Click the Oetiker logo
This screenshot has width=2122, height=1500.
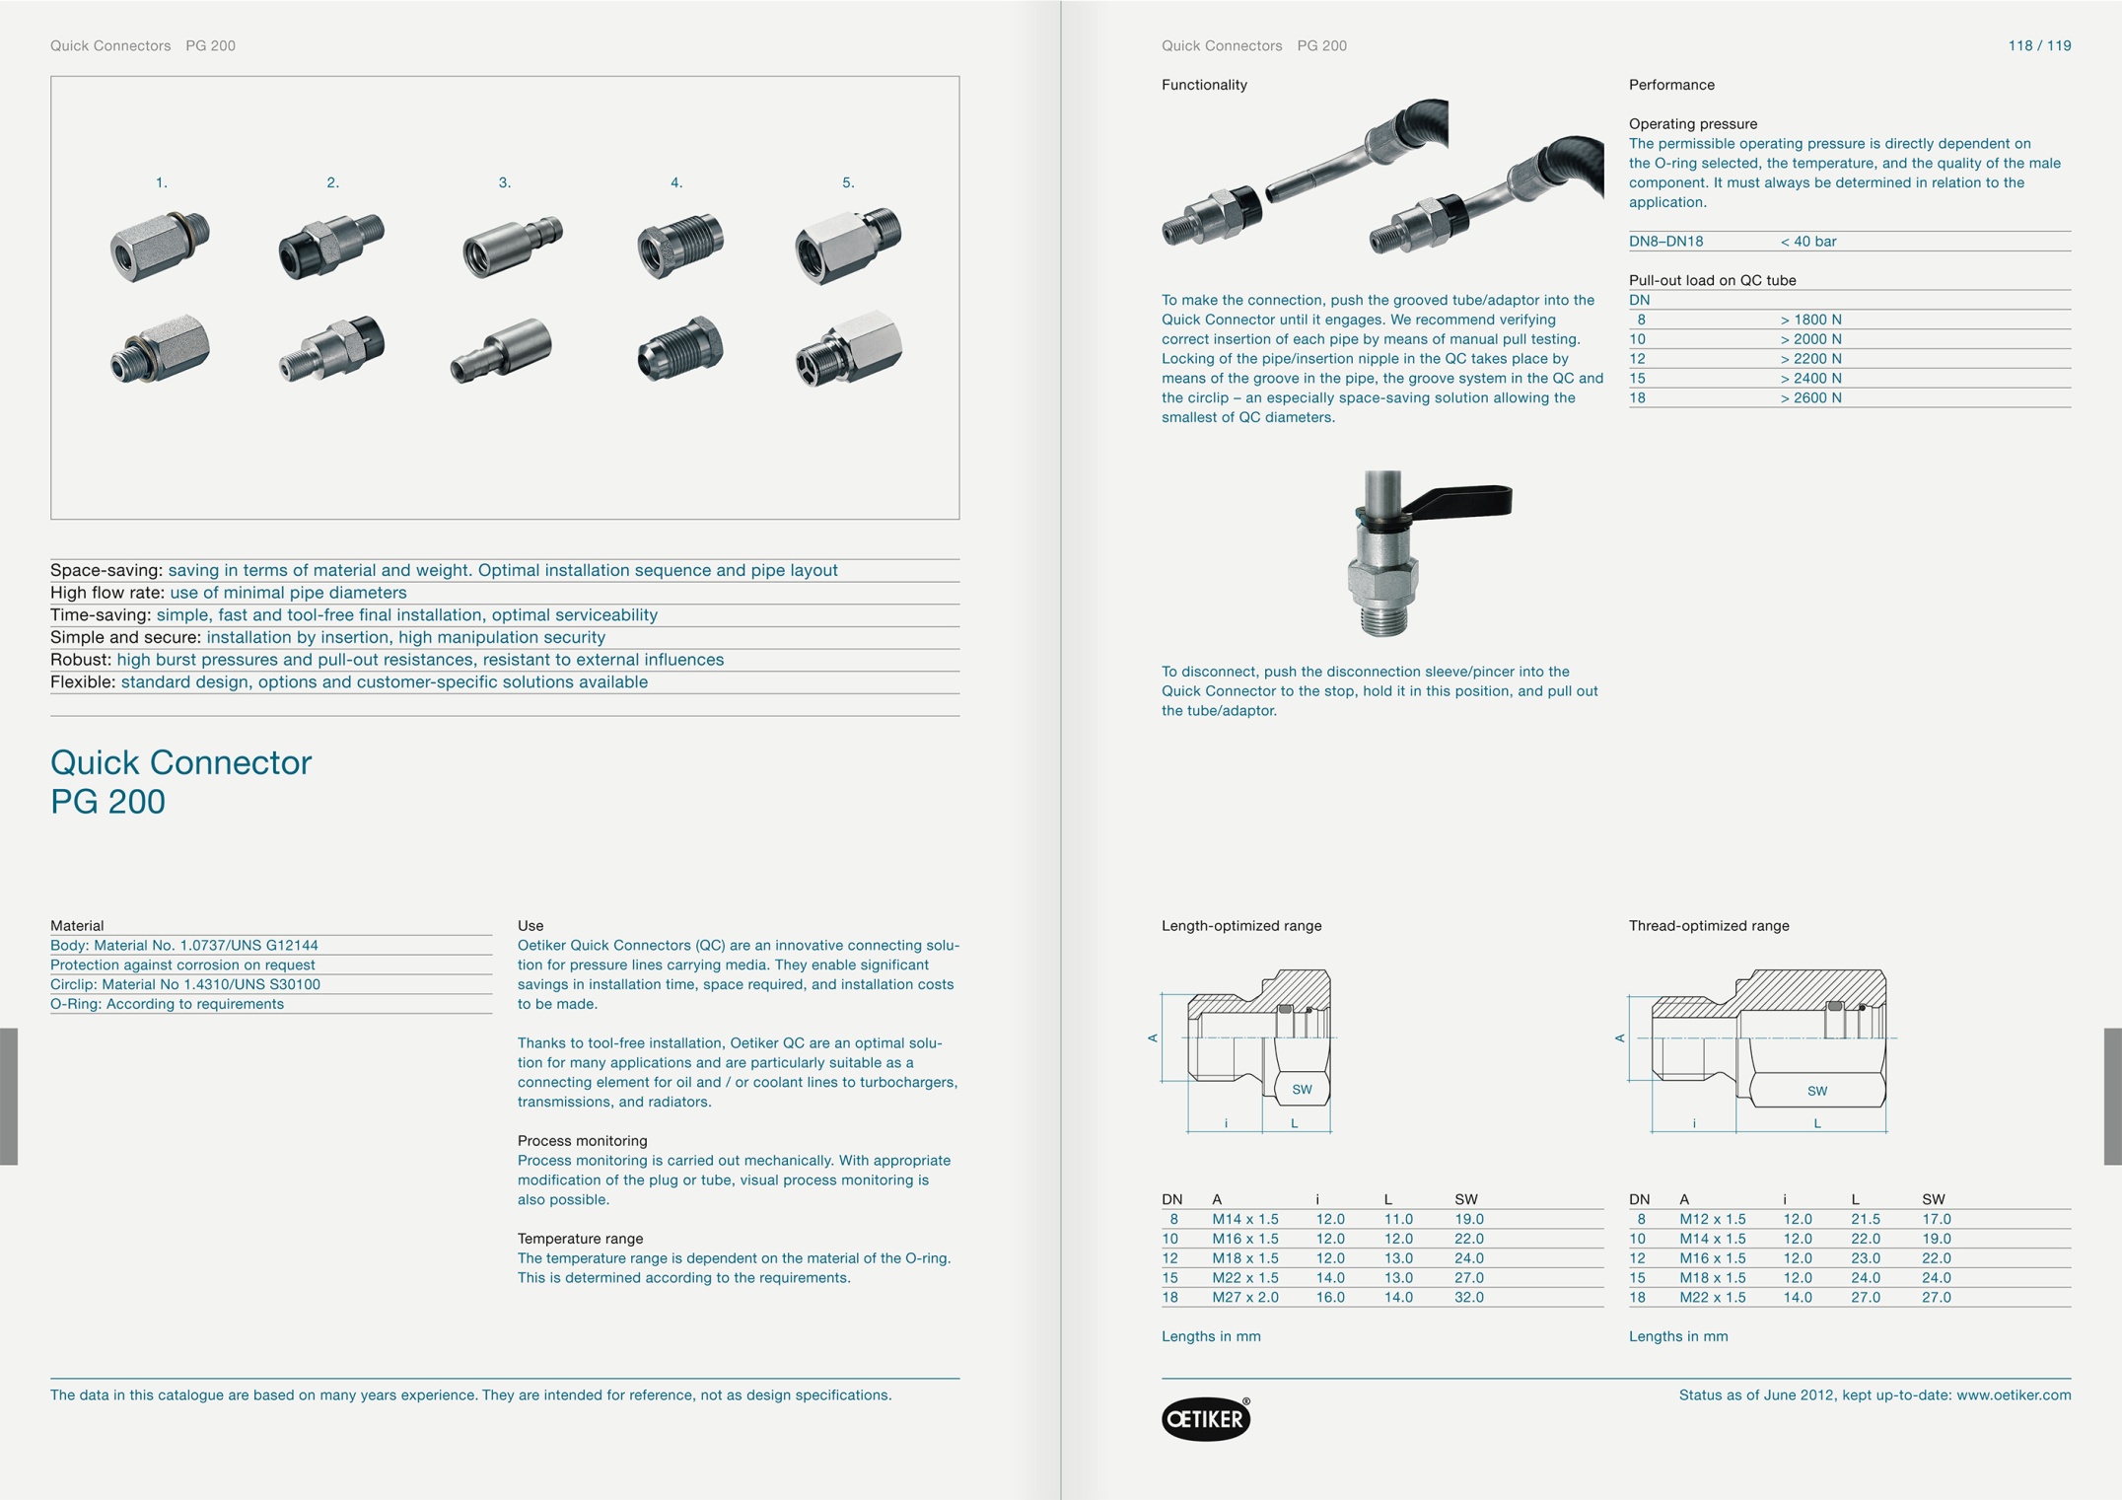(1205, 1418)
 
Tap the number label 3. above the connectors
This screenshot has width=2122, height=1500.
(504, 182)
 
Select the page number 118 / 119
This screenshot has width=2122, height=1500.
(2038, 45)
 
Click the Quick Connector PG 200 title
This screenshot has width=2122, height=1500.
(180, 781)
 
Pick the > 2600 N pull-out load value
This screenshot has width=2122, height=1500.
(1810, 397)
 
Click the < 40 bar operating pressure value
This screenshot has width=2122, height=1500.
(1807, 241)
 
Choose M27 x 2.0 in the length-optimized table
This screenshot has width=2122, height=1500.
(1244, 1297)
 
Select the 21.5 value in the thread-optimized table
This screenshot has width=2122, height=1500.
(1865, 1219)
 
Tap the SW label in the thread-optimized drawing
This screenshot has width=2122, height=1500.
(1816, 1091)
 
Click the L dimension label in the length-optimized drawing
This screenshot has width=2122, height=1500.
(1294, 1123)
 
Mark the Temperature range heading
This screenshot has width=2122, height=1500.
(580, 1239)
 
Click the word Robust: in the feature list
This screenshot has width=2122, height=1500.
(81, 660)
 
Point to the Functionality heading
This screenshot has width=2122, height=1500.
(1203, 85)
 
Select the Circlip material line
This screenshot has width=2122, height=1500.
(185, 984)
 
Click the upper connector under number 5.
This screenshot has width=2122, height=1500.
(847, 246)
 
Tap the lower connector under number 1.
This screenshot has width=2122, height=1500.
(160, 348)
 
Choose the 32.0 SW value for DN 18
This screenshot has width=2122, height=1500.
(1468, 1297)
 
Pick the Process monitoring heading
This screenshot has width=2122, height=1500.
(582, 1141)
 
